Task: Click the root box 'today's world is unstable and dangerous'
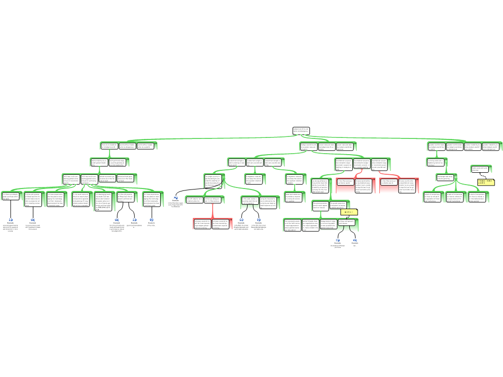(301, 131)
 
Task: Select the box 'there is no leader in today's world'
(109, 146)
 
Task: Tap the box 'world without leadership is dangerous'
(127, 146)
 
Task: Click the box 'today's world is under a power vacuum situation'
(308, 146)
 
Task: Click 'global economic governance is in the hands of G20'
(107, 178)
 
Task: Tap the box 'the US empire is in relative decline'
(194, 199)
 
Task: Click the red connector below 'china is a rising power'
(212, 211)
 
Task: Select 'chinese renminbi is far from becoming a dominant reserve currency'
(222, 224)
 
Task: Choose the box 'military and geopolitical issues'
(346, 223)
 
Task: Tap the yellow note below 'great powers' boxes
(349, 212)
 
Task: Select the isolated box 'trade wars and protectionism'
(481, 168)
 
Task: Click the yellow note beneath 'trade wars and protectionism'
(486, 182)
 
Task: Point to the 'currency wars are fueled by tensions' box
(436, 162)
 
